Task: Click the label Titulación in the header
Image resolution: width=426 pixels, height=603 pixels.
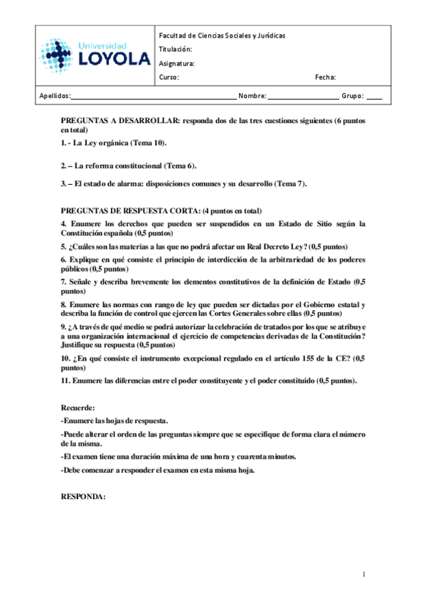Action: pyautogui.click(x=176, y=49)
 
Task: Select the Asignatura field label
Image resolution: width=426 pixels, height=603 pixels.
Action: pyautogui.click(x=177, y=63)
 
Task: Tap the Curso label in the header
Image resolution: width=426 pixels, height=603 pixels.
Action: pyautogui.click(x=169, y=77)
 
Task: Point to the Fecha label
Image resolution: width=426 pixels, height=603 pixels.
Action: pyautogui.click(x=325, y=77)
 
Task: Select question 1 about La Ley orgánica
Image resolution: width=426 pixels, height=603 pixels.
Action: pyautogui.click(x=114, y=143)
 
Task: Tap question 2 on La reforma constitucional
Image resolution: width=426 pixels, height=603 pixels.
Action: pyautogui.click(x=128, y=165)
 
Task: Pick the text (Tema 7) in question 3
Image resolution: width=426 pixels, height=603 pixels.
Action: pyautogui.click(x=290, y=184)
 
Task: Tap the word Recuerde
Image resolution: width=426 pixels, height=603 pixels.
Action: pyautogui.click(x=78, y=408)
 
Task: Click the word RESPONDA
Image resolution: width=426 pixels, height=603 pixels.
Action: pyautogui.click(x=83, y=497)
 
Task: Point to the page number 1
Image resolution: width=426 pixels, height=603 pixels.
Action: pyautogui.click(x=363, y=574)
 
